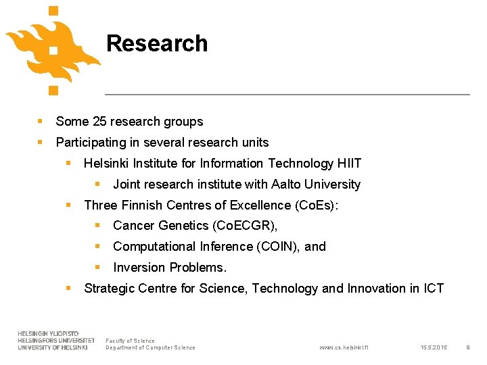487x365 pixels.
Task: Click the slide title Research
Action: tap(157, 43)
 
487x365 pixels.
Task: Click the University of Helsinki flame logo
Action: tap(53, 49)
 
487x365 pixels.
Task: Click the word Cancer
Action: tap(133, 226)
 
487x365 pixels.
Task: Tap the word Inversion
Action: tap(138, 268)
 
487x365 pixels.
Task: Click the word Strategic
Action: tap(109, 289)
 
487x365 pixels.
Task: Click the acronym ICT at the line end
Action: tap(433, 289)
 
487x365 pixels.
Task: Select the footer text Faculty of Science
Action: tap(130, 341)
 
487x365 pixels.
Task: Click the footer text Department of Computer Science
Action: tap(150, 348)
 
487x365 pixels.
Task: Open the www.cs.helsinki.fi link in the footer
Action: tap(344, 348)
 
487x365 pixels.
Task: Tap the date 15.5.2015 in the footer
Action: tap(433, 348)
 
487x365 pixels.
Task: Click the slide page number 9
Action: tap(467, 348)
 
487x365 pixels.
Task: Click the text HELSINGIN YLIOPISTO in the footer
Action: tap(48, 334)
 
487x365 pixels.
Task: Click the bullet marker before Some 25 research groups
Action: tap(41, 122)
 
